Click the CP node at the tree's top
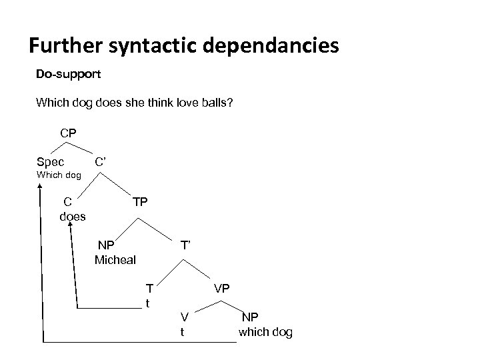[68, 133]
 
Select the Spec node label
[51, 162]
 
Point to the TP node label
[140, 202]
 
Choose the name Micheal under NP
[115, 259]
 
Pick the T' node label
[185, 245]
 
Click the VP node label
[222, 289]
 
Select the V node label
[185, 316]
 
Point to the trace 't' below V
[183, 331]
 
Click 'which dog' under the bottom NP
[265, 332]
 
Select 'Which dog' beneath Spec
[59, 175]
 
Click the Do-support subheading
[69, 74]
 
